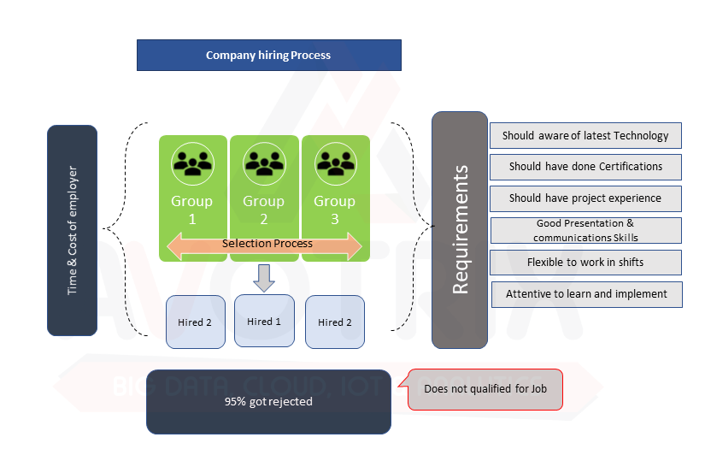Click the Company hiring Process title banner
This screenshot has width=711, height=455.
[x=269, y=55]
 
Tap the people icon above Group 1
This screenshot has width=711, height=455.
[x=192, y=163]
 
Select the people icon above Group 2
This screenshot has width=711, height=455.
[x=264, y=163]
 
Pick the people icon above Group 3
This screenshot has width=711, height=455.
[x=336, y=163]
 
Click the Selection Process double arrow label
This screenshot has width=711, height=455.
[x=267, y=244]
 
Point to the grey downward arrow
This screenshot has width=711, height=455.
[x=264, y=278]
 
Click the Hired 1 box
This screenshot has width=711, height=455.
[x=264, y=321]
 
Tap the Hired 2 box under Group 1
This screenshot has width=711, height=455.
[x=196, y=322]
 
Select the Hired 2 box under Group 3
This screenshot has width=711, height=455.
[x=335, y=322]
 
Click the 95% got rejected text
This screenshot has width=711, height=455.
[x=268, y=401]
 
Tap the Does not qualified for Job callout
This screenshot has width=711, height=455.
[x=485, y=389]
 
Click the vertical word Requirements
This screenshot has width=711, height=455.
[x=460, y=229]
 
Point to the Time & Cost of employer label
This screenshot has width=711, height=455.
[x=72, y=230]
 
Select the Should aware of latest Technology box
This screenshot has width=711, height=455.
[x=585, y=135]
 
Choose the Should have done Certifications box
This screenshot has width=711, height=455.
[x=585, y=167]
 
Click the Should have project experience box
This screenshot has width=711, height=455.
[x=585, y=198]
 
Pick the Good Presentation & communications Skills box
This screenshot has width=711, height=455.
[x=586, y=230]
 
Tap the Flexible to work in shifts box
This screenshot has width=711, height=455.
[x=585, y=263]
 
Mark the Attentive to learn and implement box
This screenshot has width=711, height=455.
[x=587, y=294]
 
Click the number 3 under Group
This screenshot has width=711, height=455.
[x=335, y=219]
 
